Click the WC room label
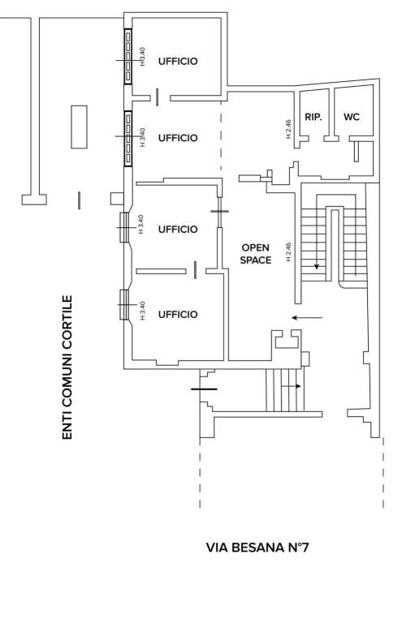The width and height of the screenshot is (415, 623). pos(352,117)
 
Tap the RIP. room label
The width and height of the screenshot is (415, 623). pos(313,117)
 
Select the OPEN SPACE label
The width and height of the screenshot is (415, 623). pos(256,254)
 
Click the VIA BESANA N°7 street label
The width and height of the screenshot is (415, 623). pos(257,548)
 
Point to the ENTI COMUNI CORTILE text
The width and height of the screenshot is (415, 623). pos(67,367)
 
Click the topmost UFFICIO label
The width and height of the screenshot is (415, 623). pos(178,61)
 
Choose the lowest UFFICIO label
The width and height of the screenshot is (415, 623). pos(178,315)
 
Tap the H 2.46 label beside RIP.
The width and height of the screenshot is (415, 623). pos(289,129)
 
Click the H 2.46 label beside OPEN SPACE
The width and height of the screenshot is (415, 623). pos(289,252)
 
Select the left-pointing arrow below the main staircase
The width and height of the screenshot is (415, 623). pos(307,317)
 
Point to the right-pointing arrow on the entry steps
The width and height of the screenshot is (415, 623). pos(292,386)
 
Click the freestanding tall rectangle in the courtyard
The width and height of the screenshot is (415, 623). pos(79,127)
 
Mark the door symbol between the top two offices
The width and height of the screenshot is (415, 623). pos(158,97)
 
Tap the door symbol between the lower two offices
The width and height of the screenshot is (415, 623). pos(195,270)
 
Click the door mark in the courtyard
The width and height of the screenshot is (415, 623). pos(79,200)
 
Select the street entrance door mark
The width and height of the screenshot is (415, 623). pos(204,389)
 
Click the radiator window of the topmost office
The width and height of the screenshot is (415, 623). pos(128,57)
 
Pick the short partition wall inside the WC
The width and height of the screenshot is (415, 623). pos(356,152)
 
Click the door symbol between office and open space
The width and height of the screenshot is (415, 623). pos(219,212)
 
